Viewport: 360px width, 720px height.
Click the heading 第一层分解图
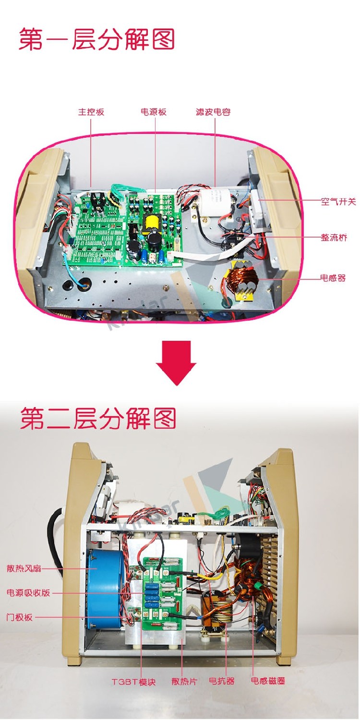pos(96,39)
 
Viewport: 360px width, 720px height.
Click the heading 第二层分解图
pos(98,418)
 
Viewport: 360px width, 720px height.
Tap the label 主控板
pos(91,112)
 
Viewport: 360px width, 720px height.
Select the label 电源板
pos(154,112)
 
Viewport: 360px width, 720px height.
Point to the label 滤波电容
pos(213,112)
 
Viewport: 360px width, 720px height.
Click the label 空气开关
pos(338,202)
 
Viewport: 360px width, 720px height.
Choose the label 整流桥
pos(334,238)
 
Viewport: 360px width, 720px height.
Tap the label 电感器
pos(333,278)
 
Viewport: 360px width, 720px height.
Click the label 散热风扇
pos(24,568)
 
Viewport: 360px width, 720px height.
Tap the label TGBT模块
pos(133,682)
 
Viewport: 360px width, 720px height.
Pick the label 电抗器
pos(222,681)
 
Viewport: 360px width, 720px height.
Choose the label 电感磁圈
pos(268,681)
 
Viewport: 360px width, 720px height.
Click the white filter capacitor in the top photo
pos(213,201)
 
